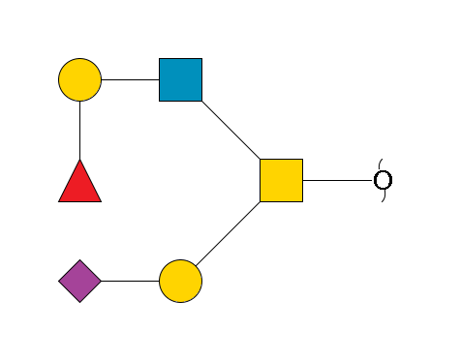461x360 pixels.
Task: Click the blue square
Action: point(181,79)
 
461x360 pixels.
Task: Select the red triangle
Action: point(79,184)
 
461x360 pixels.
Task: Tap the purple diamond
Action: point(79,281)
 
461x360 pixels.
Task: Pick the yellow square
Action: point(281,180)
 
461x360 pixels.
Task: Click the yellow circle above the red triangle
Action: point(79,79)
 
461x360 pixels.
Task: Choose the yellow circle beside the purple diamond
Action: point(180,281)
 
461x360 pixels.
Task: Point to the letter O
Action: point(383,180)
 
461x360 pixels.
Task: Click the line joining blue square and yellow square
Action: point(230,130)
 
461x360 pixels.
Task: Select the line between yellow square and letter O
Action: point(338,180)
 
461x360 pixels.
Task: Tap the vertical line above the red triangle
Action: point(79,130)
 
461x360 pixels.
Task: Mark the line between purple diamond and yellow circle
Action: point(130,281)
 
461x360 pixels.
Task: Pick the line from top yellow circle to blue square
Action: point(130,79)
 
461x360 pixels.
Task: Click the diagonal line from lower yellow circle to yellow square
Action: point(230,230)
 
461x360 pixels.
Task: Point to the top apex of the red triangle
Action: point(79,161)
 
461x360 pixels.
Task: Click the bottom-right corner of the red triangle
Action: point(101,201)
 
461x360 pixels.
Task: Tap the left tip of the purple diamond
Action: point(59,281)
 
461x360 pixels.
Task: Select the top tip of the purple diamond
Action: point(79,260)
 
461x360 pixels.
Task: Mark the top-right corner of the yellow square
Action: point(302,160)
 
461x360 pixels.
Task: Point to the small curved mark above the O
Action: point(381,162)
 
